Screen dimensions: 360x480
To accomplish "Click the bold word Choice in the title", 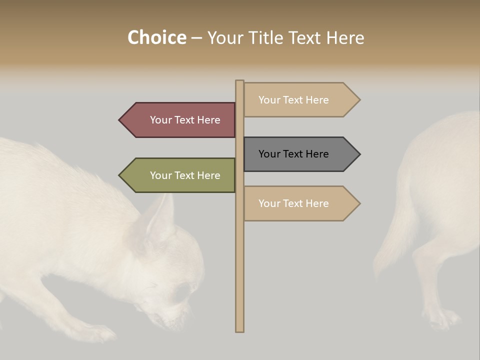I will click(x=156, y=37).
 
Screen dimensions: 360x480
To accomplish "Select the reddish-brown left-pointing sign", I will click(x=180, y=120).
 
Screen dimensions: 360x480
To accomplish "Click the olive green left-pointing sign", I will click(x=180, y=175).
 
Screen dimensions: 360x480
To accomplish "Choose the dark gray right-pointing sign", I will click(x=298, y=154).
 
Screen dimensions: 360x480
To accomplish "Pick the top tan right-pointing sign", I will click(x=298, y=100).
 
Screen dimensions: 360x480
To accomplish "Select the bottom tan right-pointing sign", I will click(x=298, y=203).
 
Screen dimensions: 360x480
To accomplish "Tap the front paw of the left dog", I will click(x=100, y=332).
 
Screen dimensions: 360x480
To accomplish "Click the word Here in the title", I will click(x=345, y=37).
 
